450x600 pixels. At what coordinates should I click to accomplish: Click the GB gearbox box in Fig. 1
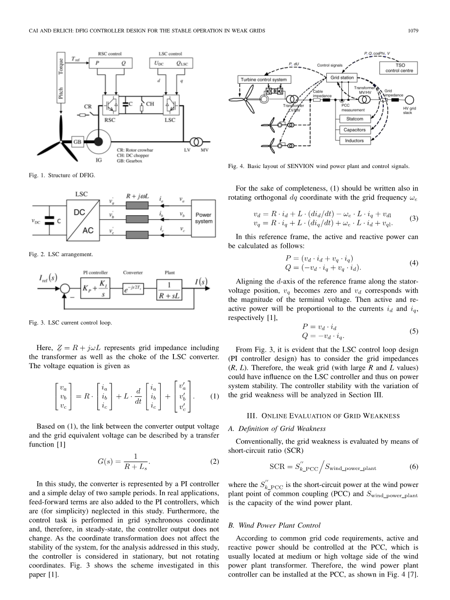tap(77, 142)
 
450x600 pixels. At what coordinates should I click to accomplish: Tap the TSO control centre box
tap(398, 68)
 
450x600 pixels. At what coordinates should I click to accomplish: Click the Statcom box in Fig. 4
tap(355, 119)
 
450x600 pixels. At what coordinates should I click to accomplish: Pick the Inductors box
tap(355, 141)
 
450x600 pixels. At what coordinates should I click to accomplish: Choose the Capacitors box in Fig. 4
tap(355, 130)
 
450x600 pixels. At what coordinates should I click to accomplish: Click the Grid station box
tap(342, 77)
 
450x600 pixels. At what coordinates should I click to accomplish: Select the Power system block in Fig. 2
tap(203, 218)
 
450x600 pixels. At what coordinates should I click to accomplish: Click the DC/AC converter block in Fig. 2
tap(83, 222)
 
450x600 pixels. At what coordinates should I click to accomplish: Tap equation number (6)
tap(413, 466)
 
